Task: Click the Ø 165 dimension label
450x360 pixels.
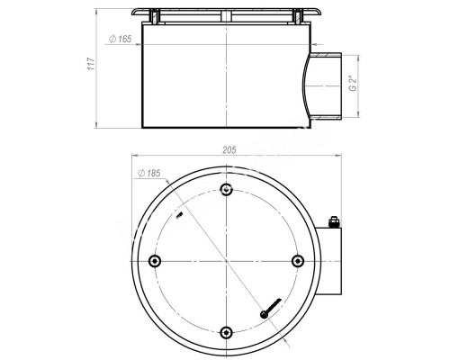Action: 120,39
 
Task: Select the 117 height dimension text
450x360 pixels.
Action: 91,64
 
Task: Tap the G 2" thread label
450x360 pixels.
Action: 354,84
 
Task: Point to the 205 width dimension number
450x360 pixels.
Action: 229,150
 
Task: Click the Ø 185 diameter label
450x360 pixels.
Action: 149,173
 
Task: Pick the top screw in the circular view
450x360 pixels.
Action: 226,189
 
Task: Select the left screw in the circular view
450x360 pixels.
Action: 155,261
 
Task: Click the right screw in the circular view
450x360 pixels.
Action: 298,261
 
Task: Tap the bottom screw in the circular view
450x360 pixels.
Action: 226,332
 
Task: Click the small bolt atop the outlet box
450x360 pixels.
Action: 334,222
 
